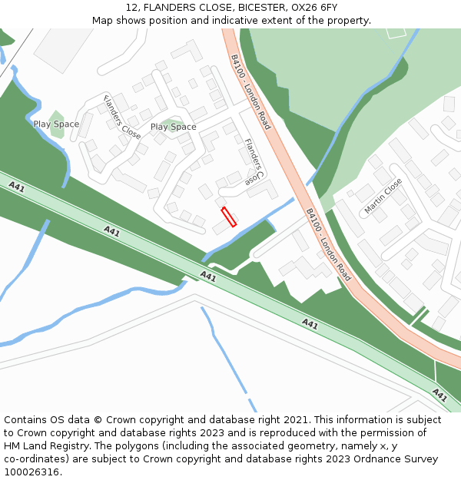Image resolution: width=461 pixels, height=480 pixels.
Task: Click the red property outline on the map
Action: pos(229,217)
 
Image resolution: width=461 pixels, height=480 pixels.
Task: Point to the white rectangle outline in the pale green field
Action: pos(396,32)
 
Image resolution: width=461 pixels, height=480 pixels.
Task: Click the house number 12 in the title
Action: pos(131,7)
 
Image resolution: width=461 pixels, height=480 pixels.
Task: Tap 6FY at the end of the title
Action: pos(327,7)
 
